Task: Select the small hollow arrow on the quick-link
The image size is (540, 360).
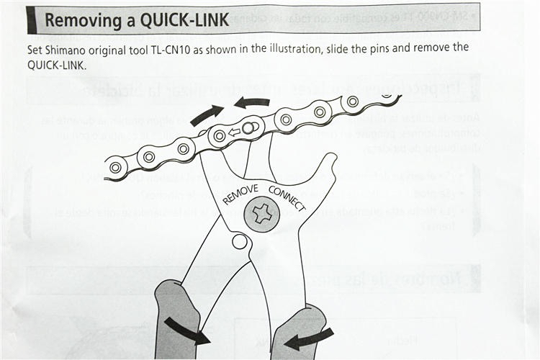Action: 234,132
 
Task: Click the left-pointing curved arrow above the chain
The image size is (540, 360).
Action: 251,103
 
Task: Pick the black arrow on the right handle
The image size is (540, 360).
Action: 311,337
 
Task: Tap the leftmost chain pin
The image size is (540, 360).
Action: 114,168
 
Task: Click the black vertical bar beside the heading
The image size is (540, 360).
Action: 31,20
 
